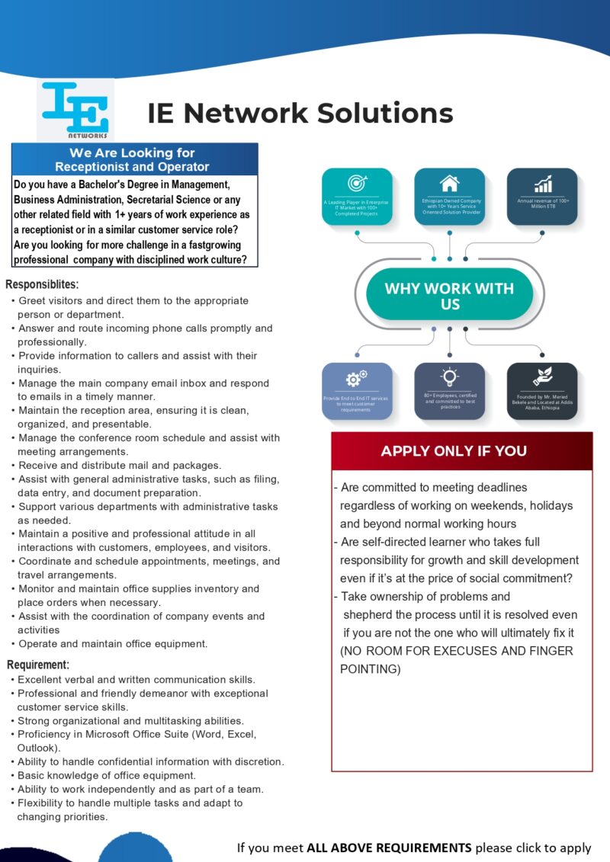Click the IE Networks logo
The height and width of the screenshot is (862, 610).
click(75, 111)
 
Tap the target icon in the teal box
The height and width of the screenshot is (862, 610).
click(357, 183)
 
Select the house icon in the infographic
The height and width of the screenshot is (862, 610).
click(449, 184)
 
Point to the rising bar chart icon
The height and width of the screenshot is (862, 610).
click(543, 184)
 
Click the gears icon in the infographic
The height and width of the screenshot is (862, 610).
click(356, 379)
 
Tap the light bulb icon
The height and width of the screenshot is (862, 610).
click(449, 377)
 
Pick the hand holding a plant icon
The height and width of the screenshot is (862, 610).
click(543, 377)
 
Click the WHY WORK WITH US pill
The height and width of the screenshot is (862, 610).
click(449, 296)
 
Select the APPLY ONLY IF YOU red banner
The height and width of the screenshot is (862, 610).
click(454, 450)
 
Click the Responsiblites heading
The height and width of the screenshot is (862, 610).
click(42, 285)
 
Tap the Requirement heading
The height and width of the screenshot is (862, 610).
click(38, 665)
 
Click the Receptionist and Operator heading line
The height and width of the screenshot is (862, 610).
click(132, 167)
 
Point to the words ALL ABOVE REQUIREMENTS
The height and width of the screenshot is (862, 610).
click(389, 848)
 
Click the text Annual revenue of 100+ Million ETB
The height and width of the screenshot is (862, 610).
click(542, 203)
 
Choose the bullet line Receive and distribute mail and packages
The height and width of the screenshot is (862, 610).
click(120, 465)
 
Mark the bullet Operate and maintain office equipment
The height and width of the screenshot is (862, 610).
click(113, 643)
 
